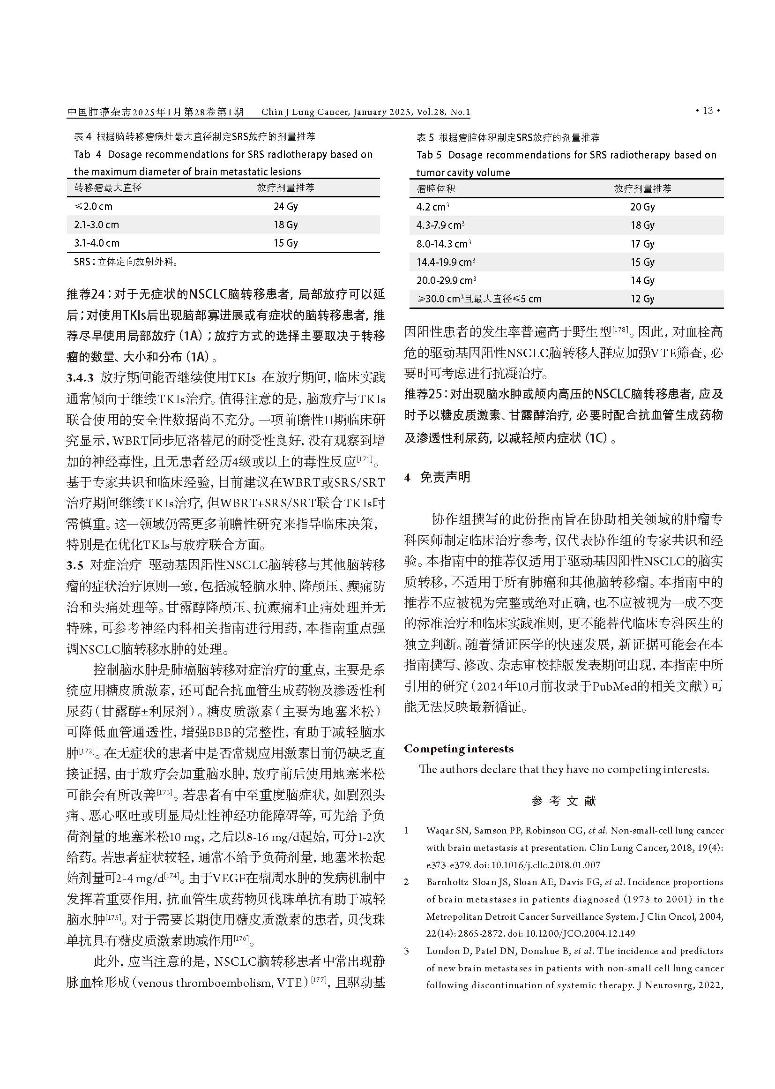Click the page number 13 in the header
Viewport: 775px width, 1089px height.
click(x=708, y=111)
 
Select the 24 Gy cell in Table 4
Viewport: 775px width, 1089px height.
click(x=285, y=206)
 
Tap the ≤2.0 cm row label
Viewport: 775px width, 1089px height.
click(x=93, y=206)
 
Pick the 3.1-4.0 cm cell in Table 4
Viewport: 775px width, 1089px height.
click(x=97, y=243)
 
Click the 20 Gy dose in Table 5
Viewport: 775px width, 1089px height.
click(x=642, y=207)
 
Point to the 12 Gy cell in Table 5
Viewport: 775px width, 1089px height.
click(x=642, y=299)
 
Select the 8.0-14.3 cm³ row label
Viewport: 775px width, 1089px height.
click(x=443, y=244)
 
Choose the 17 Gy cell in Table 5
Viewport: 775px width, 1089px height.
click(x=642, y=244)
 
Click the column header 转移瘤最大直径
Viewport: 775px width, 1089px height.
click(x=108, y=188)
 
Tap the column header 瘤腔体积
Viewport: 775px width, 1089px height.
click(x=436, y=188)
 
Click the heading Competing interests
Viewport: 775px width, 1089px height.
click(x=459, y=749)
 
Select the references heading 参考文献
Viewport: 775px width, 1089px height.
click(x=564, y=801)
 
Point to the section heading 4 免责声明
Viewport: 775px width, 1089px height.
click(x=437, y=477)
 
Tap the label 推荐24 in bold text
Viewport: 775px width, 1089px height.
click(x=85, y=294)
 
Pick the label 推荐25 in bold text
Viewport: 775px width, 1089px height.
click(x=423, y=394)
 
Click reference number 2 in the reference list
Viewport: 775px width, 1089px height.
click(x=406, y=882)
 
